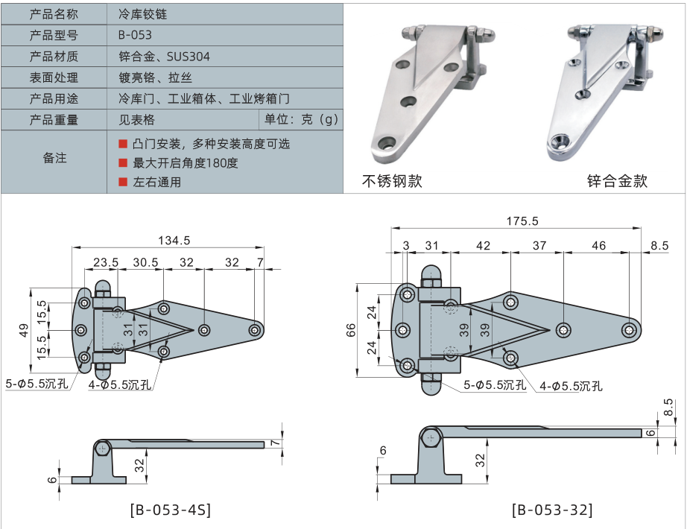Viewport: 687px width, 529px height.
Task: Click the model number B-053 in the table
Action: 135,35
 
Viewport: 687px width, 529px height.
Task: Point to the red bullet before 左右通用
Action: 123,181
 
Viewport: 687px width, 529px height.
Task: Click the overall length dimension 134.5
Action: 175,240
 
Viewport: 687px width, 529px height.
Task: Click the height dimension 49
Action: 24,329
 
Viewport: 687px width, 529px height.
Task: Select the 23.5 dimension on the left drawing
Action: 106,262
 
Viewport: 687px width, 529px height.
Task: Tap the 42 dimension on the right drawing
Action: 482,245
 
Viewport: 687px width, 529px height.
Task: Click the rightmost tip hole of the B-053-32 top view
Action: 630,329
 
